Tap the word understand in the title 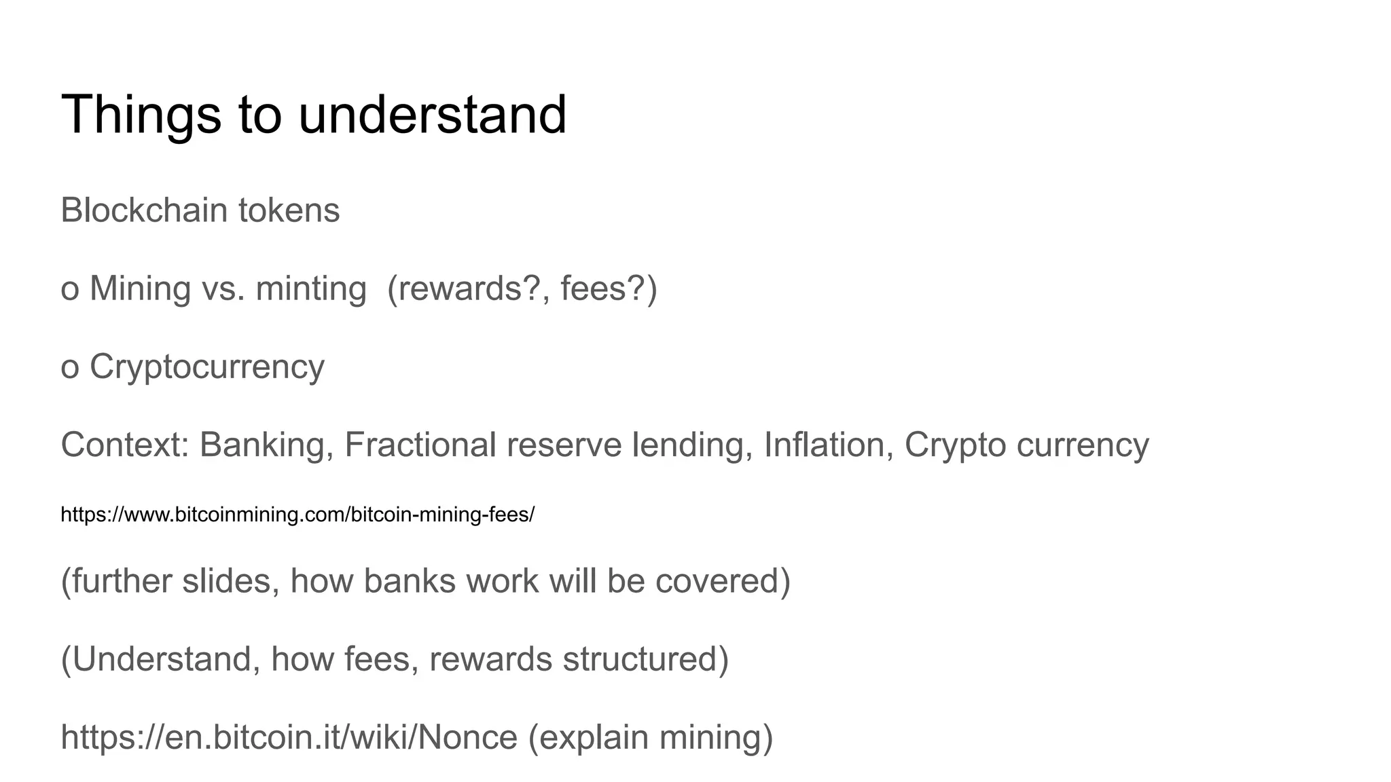[432, 115]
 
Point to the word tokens [289, 210]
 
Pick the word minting [311, 288]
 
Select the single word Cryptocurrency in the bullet [207, 367]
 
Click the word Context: [124, 445]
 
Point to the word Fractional [420, 445]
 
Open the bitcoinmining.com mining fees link [297, 515]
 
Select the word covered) [723, 581]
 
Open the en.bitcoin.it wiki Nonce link [289, 737]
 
